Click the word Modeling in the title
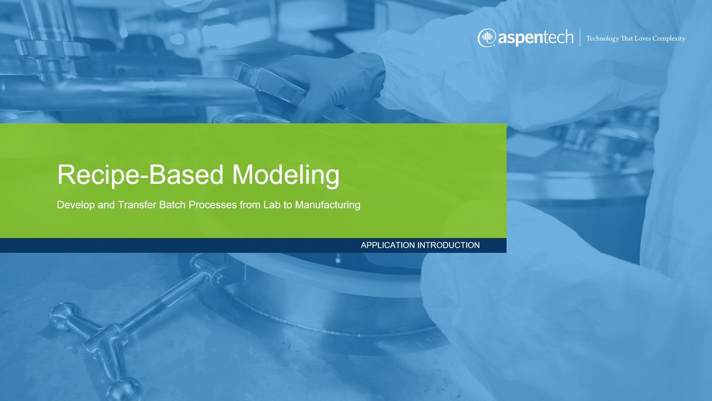coord(286,175)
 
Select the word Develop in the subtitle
coord(76,205)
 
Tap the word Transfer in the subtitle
coord(137,204)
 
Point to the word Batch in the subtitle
coord(172,204)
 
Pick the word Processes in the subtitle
coord(212,204)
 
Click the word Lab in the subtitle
coord(272,204)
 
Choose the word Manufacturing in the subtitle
coord(328,205)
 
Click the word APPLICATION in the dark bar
coord(388,245)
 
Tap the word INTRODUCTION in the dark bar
coord(448,245)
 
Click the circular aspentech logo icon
coord(487,38)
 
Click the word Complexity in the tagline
coord(669,39)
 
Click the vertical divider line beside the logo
coord(580,37)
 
